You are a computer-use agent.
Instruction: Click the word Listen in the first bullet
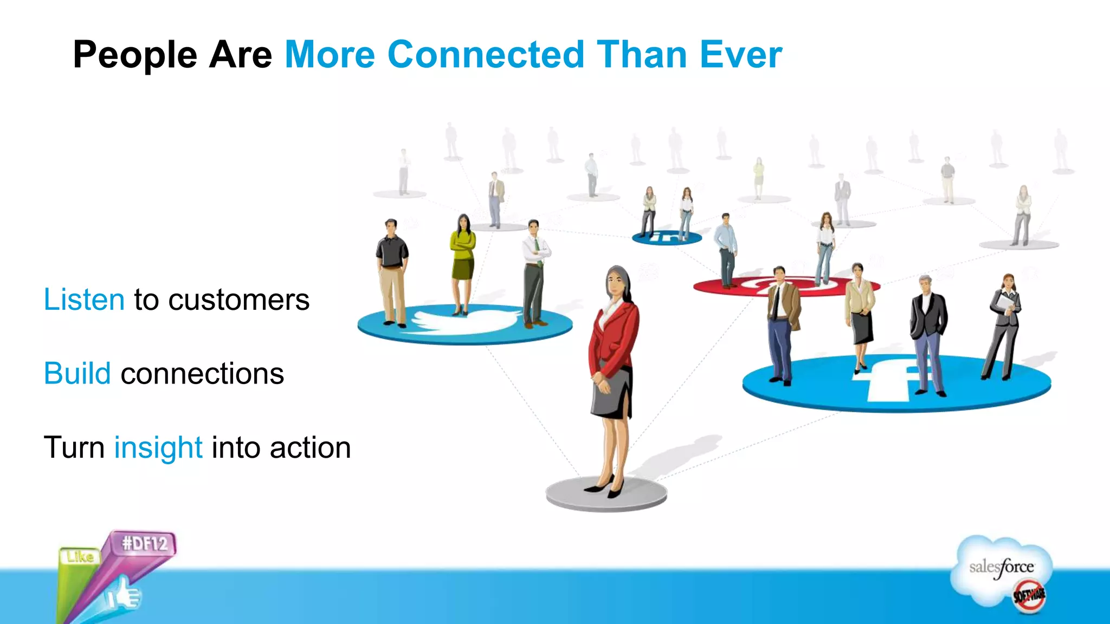(84, 300)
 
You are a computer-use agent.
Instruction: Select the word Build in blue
(77, 374)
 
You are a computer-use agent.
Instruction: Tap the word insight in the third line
(158, 448)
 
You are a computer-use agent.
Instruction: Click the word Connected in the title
(486, 55)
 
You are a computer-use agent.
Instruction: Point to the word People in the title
(135, 55)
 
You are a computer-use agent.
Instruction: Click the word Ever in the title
(740, 55)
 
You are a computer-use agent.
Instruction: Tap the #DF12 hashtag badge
(145, 543)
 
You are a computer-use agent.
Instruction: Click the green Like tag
(80, 557)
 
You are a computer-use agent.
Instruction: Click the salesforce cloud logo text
(1001, 567)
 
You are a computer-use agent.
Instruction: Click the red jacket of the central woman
(615, 339)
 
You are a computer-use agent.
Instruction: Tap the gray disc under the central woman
(606, 496)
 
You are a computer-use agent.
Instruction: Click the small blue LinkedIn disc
(667, 237)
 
